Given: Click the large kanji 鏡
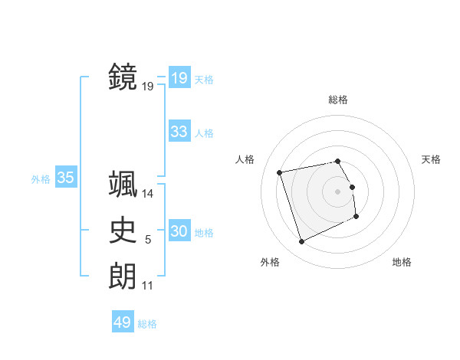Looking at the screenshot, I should (x=123, y=77).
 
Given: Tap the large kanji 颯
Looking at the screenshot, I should (x=123, y=184).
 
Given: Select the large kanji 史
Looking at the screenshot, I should (x=123, y=231).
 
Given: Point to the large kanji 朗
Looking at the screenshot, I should (x=123, y=276).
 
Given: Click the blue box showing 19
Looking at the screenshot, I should (x=179, y=78).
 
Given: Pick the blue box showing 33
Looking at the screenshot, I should (x=179, y=132).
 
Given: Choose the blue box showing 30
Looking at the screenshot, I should (x=179, y=231).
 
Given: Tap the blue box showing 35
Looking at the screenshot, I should (x=65, y=178).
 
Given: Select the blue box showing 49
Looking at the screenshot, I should (x=122, y=322).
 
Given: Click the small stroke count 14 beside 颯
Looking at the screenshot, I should (x=148, y=195).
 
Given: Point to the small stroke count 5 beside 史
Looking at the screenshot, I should (x=148, y=241).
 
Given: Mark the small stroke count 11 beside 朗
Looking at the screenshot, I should (x=147, y=286).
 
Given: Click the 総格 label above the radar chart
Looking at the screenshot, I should (x=338, y=100).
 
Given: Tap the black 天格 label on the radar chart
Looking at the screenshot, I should (x=431, y=159).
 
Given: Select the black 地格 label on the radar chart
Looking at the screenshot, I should (x=402, y=262).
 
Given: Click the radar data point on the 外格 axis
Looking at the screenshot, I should (x=301, y=242).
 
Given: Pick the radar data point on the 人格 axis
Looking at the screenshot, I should (x=280, y=172).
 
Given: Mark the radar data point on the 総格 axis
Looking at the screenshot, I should (x=338, y=161).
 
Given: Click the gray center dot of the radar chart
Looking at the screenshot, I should (x=338, y=191).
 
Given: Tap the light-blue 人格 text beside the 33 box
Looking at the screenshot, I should (x=204, y=133).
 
